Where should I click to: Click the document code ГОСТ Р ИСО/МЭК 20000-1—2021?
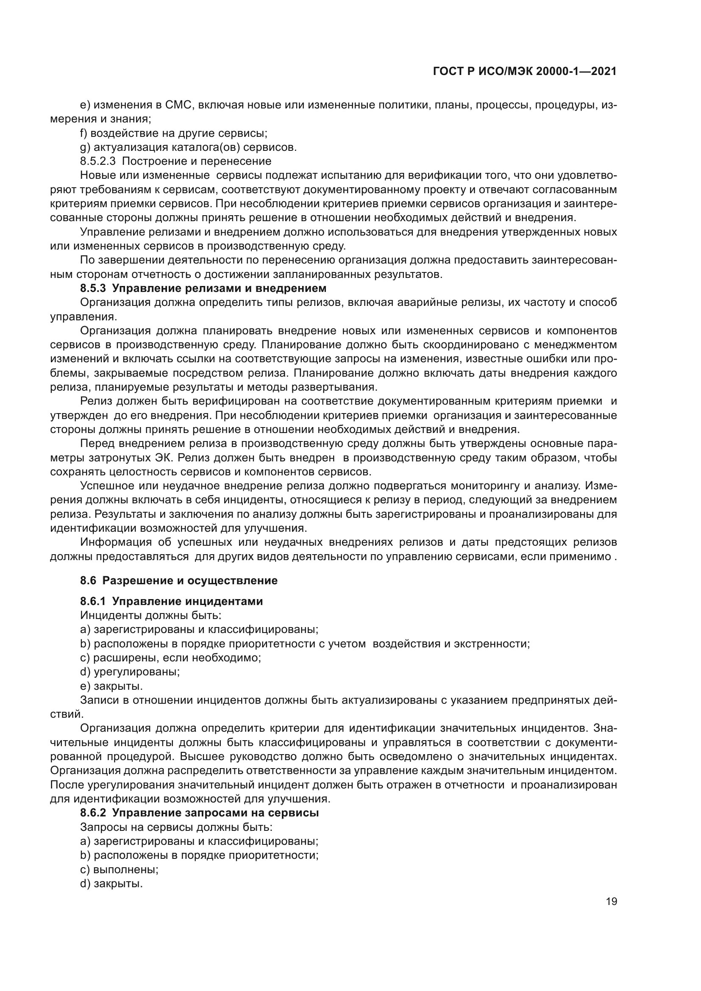(x=524, y=72)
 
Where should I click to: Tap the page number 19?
(x=611, y=902)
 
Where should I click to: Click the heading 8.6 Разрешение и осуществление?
(x=179, y=580)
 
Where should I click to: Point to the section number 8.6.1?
(x=92, y=602)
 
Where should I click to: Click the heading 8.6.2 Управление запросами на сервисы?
(x=200, y=813)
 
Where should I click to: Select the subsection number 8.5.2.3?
(x=98, y=161)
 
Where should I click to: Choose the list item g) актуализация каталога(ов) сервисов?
(x=189, y=147)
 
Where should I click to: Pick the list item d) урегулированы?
(x=130, y=672)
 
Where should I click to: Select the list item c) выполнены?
(x=120, y=870)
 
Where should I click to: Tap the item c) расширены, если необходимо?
(x=171, y=658)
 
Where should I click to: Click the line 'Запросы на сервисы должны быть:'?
(x=176, y=827)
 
